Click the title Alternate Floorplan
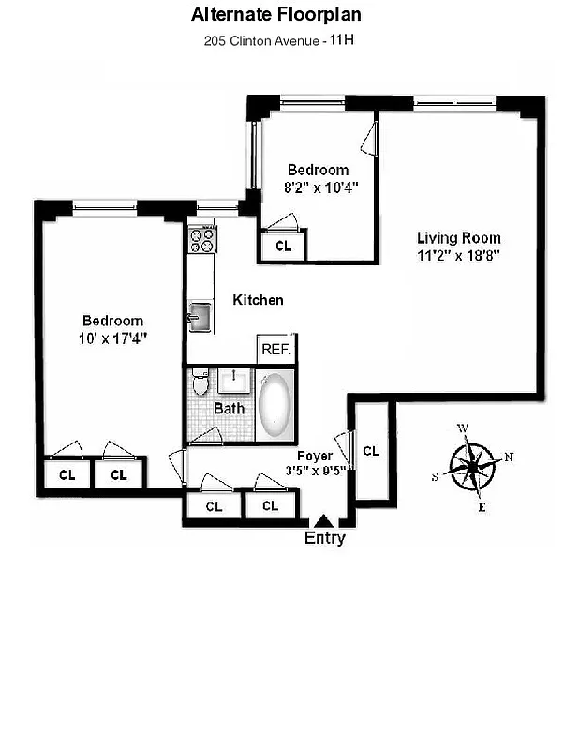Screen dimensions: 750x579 pos(276,14)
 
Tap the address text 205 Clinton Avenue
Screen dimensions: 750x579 pos(262,41)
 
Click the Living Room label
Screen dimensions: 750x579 pos(458,238)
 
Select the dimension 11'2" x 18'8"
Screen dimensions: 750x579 pos(458,256)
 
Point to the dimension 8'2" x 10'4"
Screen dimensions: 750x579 pos(318,187)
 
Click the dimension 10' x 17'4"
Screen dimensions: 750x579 pos(112,337)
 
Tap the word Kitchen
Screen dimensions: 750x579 pos(258,300)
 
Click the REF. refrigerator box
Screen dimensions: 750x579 pos(277,349)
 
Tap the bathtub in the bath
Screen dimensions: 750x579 pos(275,406)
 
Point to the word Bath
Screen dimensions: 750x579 pos(229,409)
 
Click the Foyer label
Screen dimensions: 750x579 pos(315,456)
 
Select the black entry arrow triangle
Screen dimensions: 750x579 pos(323,520)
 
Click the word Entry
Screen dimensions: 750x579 pos(324,538)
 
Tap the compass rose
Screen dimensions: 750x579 pos(473,464)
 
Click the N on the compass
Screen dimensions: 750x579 pos(509,457)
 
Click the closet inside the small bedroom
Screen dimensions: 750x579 pos(284,247)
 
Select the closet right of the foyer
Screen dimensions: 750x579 pos(371,452)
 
